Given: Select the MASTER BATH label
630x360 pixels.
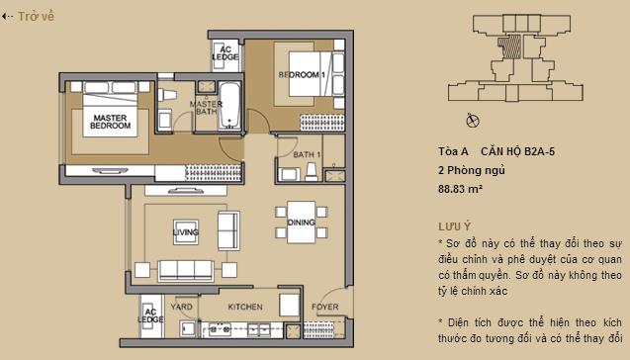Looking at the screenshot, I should (x=206, y=108).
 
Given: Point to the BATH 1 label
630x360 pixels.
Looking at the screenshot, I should (x=307, y=155).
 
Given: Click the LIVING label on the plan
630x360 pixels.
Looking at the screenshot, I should (x=185, y=233).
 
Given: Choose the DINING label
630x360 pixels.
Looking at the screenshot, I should (x=302, y=223).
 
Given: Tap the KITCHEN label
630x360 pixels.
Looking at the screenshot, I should (x=244, y=307).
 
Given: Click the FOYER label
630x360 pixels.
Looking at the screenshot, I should (x=325, y=307).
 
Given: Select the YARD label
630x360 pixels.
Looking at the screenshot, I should (x=181, y=307).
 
